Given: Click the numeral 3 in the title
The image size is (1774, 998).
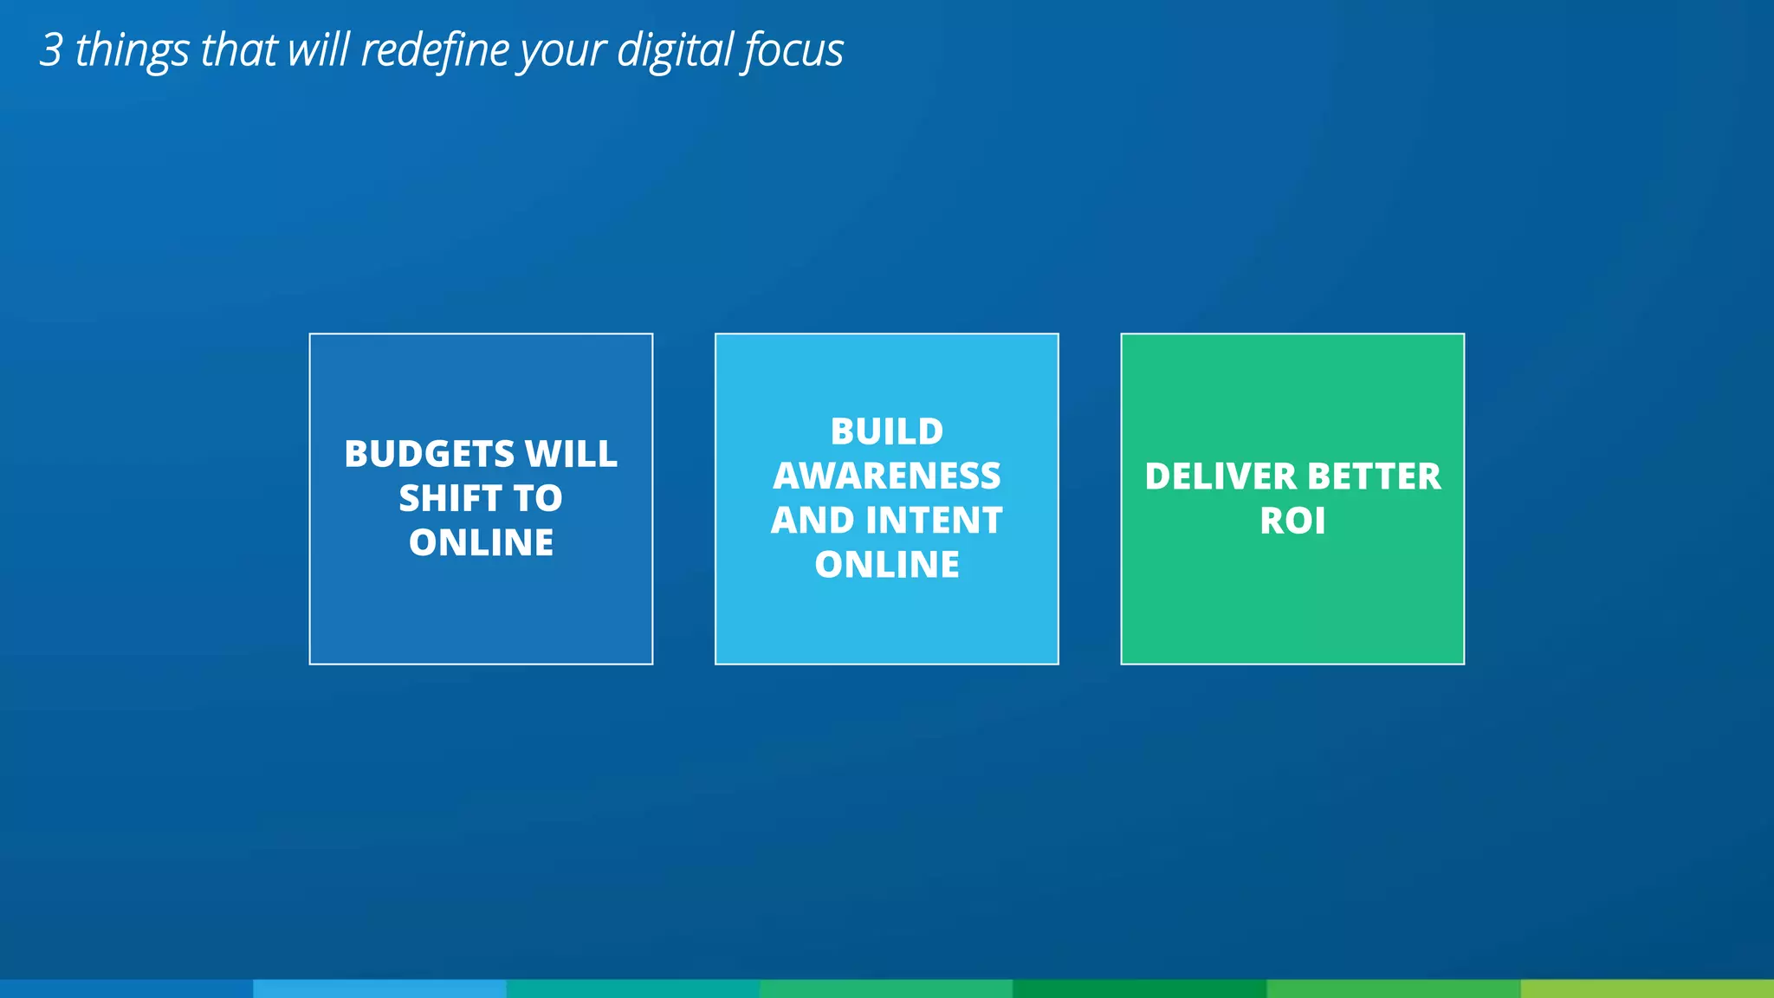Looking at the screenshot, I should (x=52, y=50).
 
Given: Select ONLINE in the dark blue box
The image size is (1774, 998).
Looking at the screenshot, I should (x=481, y=543).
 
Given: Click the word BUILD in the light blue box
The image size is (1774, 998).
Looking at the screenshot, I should (x=886, y=431).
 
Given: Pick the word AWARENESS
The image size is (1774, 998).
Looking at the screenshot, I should (x=886, y=476).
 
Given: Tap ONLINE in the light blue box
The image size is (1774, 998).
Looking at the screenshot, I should (x=886, y=565).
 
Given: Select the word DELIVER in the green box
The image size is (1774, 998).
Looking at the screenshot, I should (x=1220, y=476).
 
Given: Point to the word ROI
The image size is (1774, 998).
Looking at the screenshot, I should (x=1292, y=522).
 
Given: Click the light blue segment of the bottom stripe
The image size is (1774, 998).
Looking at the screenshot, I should (x=379, y=988).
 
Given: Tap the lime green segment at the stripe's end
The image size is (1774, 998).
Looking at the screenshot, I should (x=1647, y=988).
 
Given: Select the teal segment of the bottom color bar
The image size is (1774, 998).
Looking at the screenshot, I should (x=633, y=988).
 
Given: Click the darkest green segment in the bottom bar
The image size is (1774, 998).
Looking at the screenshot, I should (x=1139, y=988).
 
